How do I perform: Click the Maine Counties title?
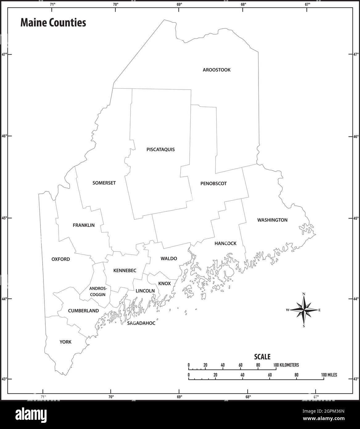coord(53,23)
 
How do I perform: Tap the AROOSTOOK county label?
coord(217,70)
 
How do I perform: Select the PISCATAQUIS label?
coord(160,150)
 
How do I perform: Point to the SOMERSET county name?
coord(104,183)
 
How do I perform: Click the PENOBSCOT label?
coord(213,184)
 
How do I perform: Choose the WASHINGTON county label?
coord(272,220)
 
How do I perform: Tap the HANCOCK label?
coord(225,244)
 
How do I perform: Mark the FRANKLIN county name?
coord(84,225)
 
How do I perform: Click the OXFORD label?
coord(60,259)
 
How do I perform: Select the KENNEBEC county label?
coord(125,271)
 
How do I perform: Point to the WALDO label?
coord(169,259)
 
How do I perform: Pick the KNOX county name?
coord(164,283)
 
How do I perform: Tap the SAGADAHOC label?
coord(141,323)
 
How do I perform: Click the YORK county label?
coord(65,342)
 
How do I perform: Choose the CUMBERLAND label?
coord(83,311)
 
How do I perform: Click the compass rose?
coord(304,310)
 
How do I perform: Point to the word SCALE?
coord(262,357)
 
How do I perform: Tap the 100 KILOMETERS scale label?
coord(286,365)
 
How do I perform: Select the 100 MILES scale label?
coord(329,375)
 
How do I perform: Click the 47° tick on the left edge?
coord(4,55)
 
